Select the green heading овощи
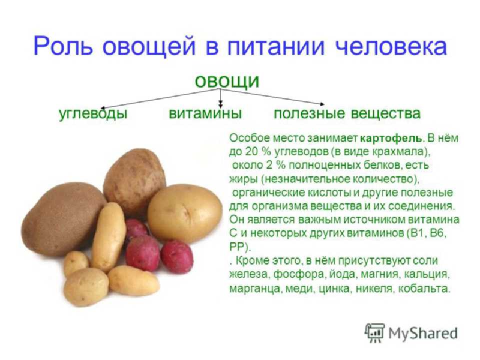(x=227, y=81)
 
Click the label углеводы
(x=93, y=113)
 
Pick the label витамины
(x=205, y=113)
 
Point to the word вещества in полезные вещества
(x=385, y=113)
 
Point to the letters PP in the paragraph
(x=236, y=246)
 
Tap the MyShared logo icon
(x=374, y=333)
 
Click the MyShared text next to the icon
(x=423, y=333)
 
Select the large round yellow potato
(x=185, y=213)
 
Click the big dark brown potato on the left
(x=63, y=218)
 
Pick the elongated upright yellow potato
(x=109, y=237)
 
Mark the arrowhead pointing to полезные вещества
(x=321, y=104)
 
